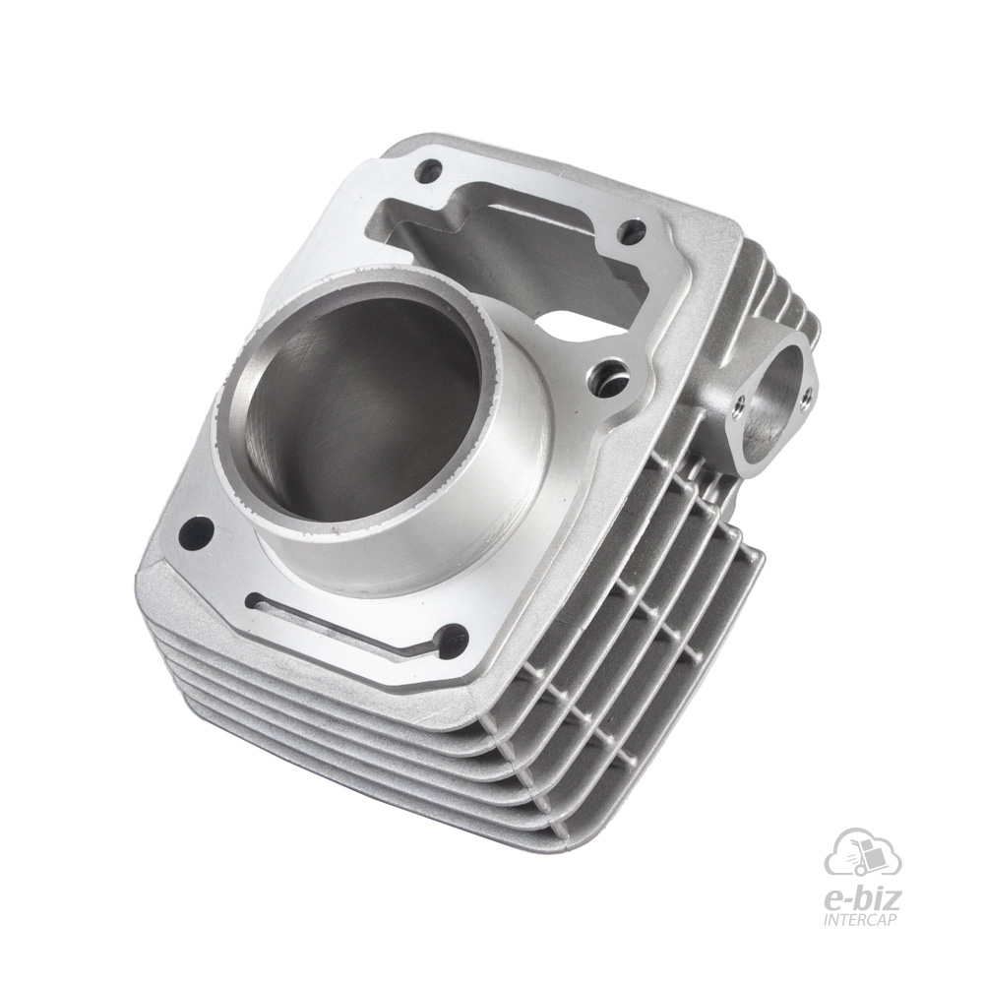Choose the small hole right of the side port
tap(808, 394)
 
